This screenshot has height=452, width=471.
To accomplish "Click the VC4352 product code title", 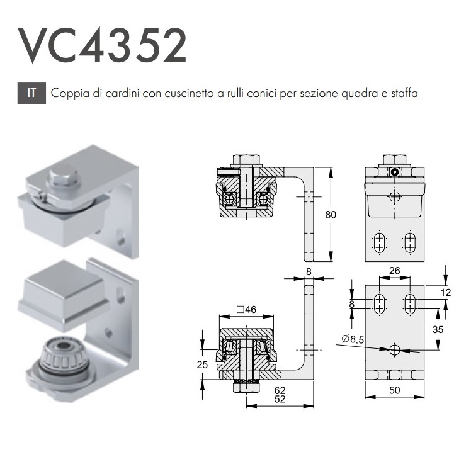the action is click(102, 46).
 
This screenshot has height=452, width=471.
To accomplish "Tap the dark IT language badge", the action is click(31, 93).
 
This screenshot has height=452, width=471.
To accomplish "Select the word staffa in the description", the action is click(404, 93).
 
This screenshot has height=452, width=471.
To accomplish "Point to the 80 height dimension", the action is click(331, 215).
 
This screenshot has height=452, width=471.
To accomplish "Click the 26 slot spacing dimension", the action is click(394, 271).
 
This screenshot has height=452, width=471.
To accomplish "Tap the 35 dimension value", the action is click(438, 329).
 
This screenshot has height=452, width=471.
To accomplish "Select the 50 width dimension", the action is click(394, 390).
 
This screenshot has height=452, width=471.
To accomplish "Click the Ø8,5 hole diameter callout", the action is click(353, 339).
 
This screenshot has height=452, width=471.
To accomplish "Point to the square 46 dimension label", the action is click(246, 309).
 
